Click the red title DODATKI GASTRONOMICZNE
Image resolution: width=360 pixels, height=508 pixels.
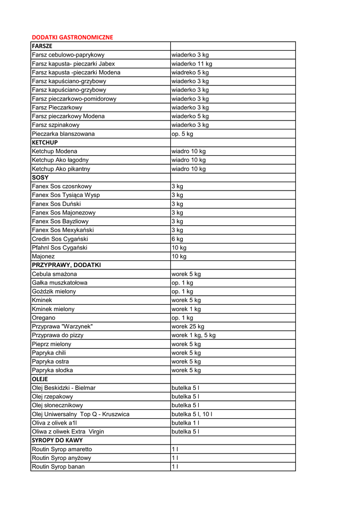[72, 37]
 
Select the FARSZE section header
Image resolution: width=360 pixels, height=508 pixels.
[42, 46]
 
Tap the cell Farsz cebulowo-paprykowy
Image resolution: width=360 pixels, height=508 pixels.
[68, 55]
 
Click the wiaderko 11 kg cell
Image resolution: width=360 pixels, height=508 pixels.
[192, 64]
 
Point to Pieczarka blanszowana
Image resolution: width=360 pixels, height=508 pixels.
[63, 134]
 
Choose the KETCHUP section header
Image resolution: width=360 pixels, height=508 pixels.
[45, 142]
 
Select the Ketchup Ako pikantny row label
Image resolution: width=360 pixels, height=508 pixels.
[61, 169]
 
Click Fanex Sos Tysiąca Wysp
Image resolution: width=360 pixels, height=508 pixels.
[66, 195]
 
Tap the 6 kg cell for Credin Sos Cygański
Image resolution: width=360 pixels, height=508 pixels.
[177, 239]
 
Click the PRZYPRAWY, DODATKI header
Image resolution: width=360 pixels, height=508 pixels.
[66, 265]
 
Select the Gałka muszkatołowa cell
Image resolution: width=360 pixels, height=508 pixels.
[60, 283]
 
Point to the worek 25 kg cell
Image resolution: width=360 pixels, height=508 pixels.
[188, 326]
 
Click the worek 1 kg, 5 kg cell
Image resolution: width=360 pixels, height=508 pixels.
[194, 335]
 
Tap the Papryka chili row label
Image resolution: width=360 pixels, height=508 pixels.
[49, 353]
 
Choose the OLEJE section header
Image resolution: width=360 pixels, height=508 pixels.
[40, 379]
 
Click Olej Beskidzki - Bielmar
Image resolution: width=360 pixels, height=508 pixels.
[64, 388]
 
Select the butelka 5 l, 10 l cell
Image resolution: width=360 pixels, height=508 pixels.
[192, 414]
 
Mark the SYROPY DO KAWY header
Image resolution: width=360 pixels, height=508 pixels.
[57, 440]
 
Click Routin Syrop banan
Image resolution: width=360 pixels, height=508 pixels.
[58, 467]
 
